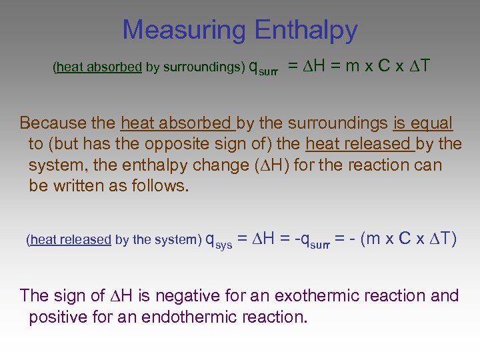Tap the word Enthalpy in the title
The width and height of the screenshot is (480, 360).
tap(305, 30)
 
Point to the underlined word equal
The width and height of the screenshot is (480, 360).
tap(432, 123)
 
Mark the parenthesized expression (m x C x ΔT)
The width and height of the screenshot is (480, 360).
tap(409, 239)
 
